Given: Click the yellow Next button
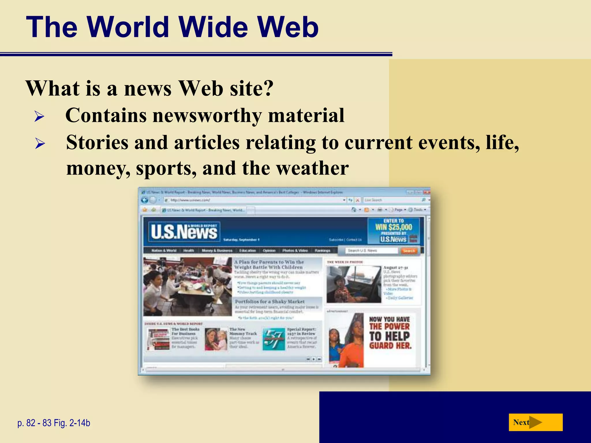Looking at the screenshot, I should [x=535, y=422].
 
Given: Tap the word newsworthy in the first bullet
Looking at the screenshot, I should [x=207, y=115].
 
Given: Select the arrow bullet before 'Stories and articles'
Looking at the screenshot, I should [x=40, y=143].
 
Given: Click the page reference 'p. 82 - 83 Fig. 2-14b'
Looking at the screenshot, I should [x=54, y=423].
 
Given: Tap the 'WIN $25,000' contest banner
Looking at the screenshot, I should [x=394, y=227].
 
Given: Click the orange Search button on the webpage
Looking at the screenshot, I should [x=409, y=251].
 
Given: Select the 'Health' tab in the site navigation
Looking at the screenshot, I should [x=189, y=251].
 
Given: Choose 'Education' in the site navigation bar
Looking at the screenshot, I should [x=248, y=251].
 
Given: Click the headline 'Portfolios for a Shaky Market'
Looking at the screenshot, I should [x=270, y=301].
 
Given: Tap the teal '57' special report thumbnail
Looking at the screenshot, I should [x=274, y=339].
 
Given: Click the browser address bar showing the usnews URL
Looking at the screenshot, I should [x=254, y=200].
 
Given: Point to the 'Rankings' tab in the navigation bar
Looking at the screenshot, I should [x=322, y=251].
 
